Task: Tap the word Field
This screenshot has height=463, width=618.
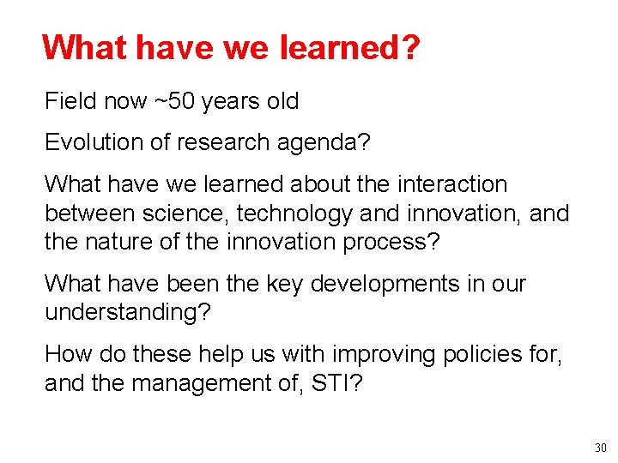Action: pos(70,101)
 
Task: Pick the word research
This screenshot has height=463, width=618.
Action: pos(226,142)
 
